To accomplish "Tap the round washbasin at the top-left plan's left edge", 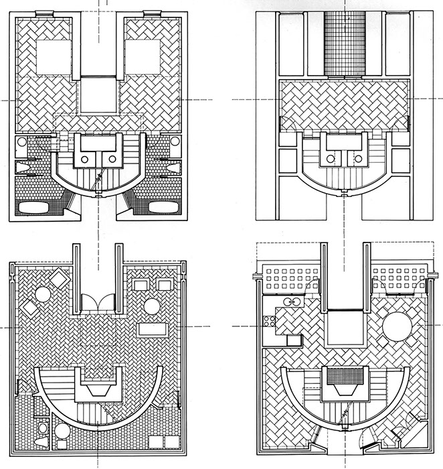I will [x=21, y=142].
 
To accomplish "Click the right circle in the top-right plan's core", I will [x=359, y=159].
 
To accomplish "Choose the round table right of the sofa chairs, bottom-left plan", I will [x=152, y=307].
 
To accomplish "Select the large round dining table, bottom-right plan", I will [x=397, y=328].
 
